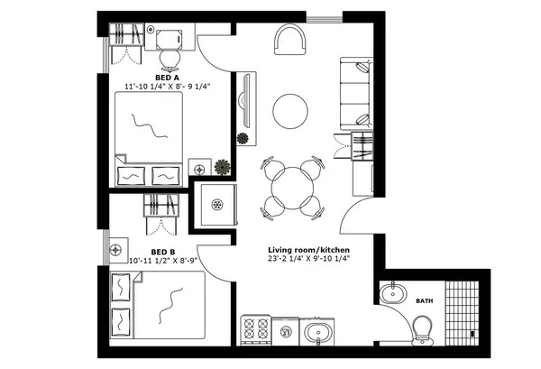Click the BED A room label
(167, 78)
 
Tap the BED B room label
(162, 253)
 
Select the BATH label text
(424, 300)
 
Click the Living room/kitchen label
(308, 249)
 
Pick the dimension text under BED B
(162, 261)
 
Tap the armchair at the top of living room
(291, 41)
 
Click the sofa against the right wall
(355, 93)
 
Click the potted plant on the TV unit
(243, 138)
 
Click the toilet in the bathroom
(423, 330)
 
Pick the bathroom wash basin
(393, 294)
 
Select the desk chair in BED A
(170, 58)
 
